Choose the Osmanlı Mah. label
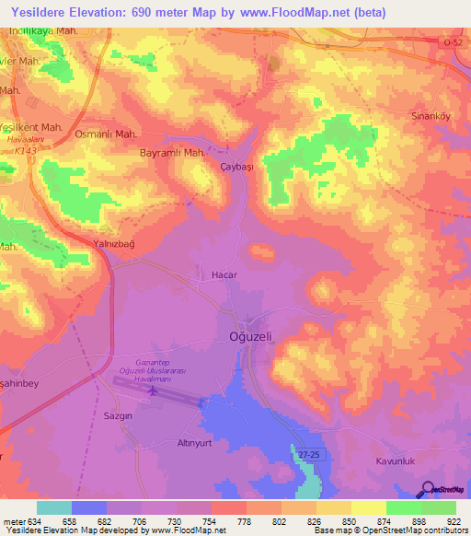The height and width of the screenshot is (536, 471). click(x=106, y=133)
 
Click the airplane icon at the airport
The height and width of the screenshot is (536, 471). click(x=153, y=391)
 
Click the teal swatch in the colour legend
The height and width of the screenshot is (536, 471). click(x=54, y=507)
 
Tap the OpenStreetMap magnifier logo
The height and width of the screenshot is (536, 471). click(x=428, y=490)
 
